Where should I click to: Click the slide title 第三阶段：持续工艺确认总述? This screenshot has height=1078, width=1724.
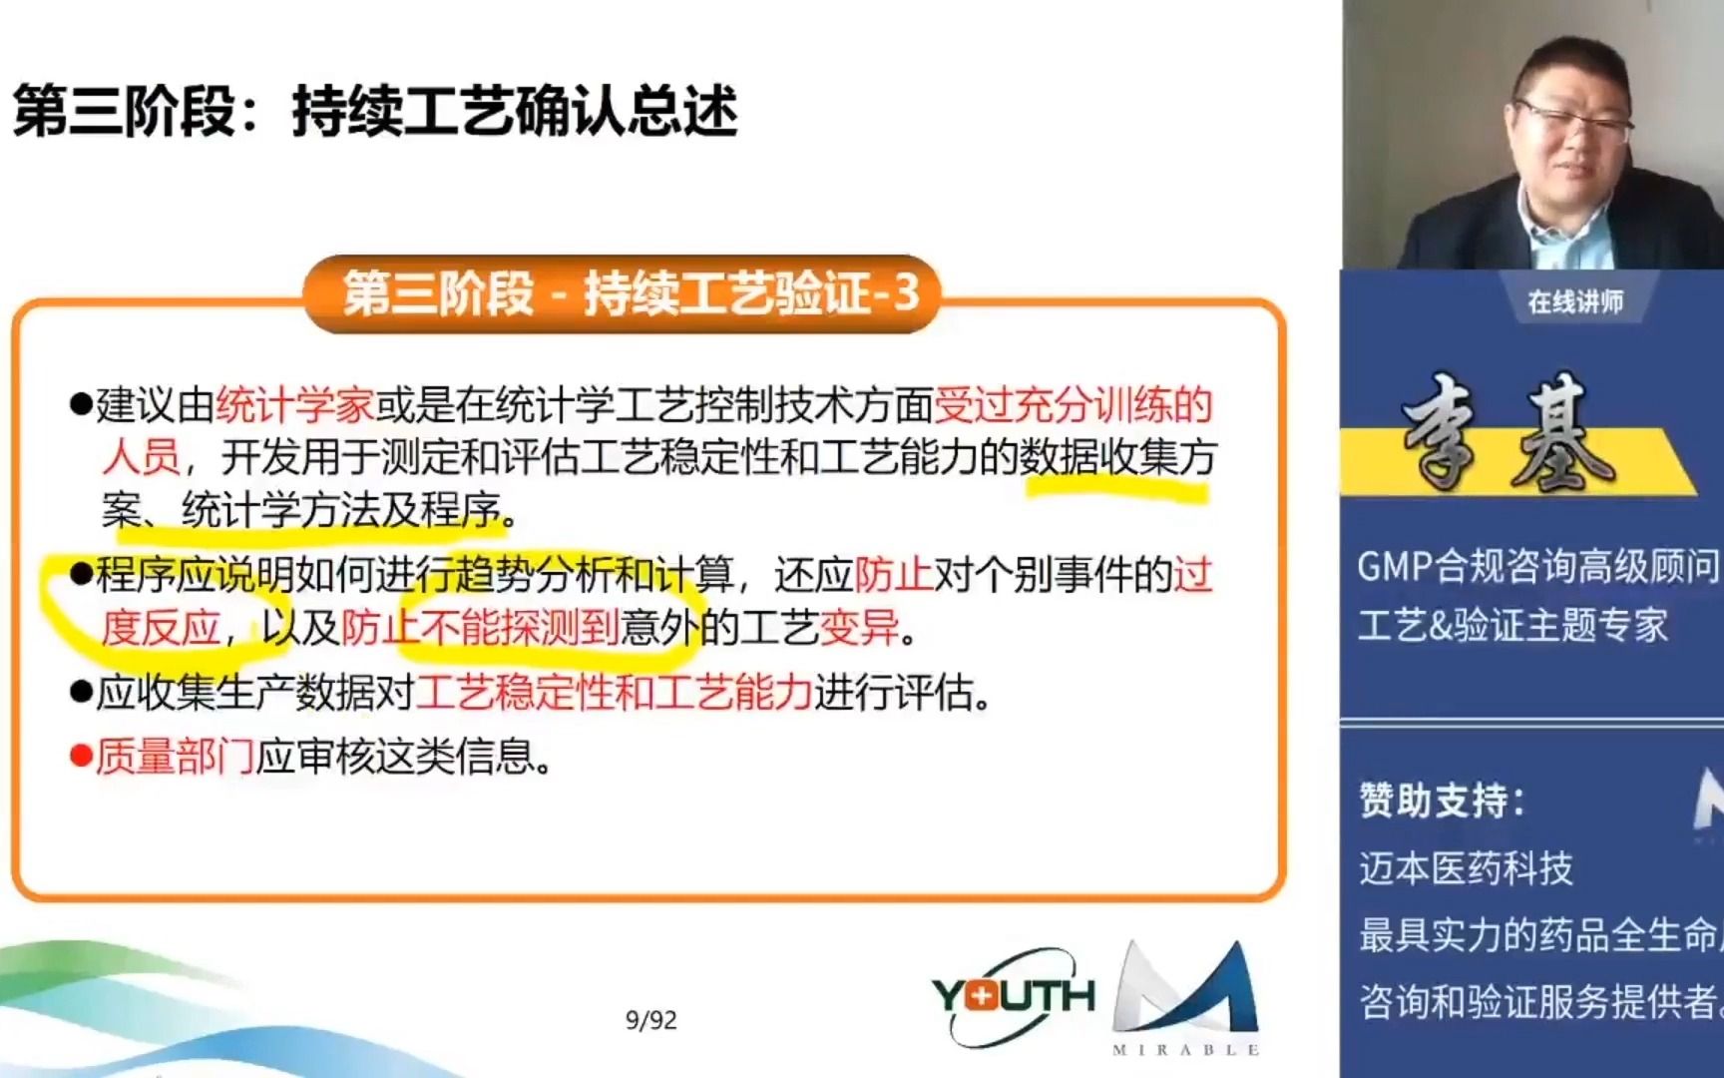pos(375,110)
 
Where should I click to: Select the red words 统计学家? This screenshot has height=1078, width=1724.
pos(295,405)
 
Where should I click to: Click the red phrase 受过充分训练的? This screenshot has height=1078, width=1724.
pos(1074,405)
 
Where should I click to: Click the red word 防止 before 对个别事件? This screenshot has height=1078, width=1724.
pos(894,575)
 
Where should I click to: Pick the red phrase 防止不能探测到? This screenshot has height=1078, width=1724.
pos(480,629)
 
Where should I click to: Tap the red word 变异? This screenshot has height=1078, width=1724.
pos(858,629)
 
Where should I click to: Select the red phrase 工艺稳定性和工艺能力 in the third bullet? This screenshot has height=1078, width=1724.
pos(615,693)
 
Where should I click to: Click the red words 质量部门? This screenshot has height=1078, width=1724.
pos(176,758)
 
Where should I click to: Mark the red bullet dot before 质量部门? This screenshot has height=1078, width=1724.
pos(81,757)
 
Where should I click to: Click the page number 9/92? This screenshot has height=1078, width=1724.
pos(650,1020)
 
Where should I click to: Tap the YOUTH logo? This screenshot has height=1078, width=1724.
pos(1013,996)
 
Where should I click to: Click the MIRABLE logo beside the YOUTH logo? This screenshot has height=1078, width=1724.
pos(1185,998)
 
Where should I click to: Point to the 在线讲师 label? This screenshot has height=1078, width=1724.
pos(1575,301)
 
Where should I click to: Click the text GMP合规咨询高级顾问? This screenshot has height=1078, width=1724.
pos(1537,567)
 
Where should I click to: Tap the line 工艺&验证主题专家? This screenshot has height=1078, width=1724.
pos(1512,626)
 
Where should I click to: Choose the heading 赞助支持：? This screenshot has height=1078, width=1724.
pos(1441,801)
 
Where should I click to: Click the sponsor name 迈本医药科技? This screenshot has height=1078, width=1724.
pos(1466,868)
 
